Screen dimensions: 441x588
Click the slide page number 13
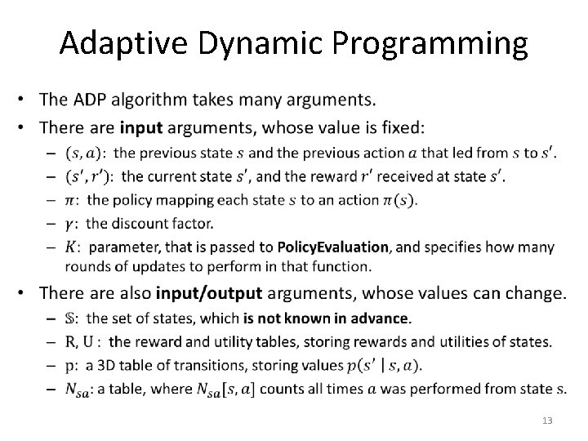pyautogui.click(x=546, y=420)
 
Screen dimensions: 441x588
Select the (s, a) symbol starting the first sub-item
pyautogui.click(x=86, y=153)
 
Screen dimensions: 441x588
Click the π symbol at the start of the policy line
pyautogui.click(x=73, y=200)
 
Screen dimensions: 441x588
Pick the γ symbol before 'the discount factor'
pyautogui.click(x=73, y=223)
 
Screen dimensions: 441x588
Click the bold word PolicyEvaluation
pyautogui.click(x=333, y=247)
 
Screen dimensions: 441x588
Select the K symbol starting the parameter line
pyautogui.click(x=73, y=247)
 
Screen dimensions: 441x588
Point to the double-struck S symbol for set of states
pyautogui.click(x=73, y=318)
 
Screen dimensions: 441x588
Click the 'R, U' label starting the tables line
pyautogui.click(x=84, y=341)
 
